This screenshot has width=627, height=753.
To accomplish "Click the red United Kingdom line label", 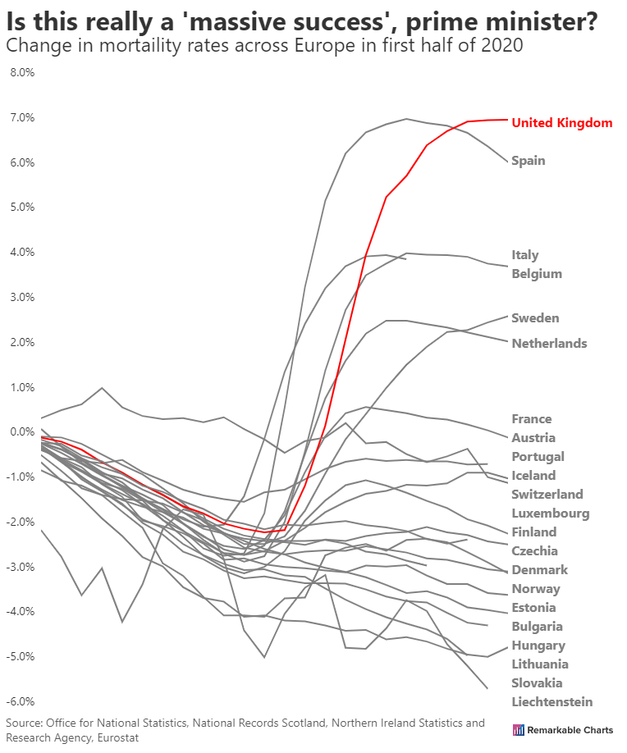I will click(561, 123).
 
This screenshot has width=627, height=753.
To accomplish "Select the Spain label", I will click(528, 161).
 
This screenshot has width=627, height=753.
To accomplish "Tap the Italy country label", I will click(524, 255).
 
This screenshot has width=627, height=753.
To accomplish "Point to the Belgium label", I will click(537, 274).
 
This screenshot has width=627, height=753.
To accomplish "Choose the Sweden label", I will click(535, 318).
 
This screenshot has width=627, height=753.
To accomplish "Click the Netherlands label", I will click(549, 343).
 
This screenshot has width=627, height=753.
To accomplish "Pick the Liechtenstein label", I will click(551, 701).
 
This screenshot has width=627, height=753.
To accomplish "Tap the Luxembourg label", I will click(550, 513).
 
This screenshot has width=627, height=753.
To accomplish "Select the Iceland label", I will click(533, 476).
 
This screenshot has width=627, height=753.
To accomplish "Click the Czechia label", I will click(534, 551).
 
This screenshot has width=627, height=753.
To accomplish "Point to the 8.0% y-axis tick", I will click(21, 72).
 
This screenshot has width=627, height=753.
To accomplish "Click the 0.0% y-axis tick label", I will click(21, 431).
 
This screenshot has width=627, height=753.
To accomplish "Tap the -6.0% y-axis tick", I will click(21, 701).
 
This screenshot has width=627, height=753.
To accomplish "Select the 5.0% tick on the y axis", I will click(21, 207).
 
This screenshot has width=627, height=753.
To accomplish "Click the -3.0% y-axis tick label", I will click(21, 567).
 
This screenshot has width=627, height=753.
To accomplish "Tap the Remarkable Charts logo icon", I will click(518, 730).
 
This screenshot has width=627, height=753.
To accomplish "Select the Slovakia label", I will click(537, 683).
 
